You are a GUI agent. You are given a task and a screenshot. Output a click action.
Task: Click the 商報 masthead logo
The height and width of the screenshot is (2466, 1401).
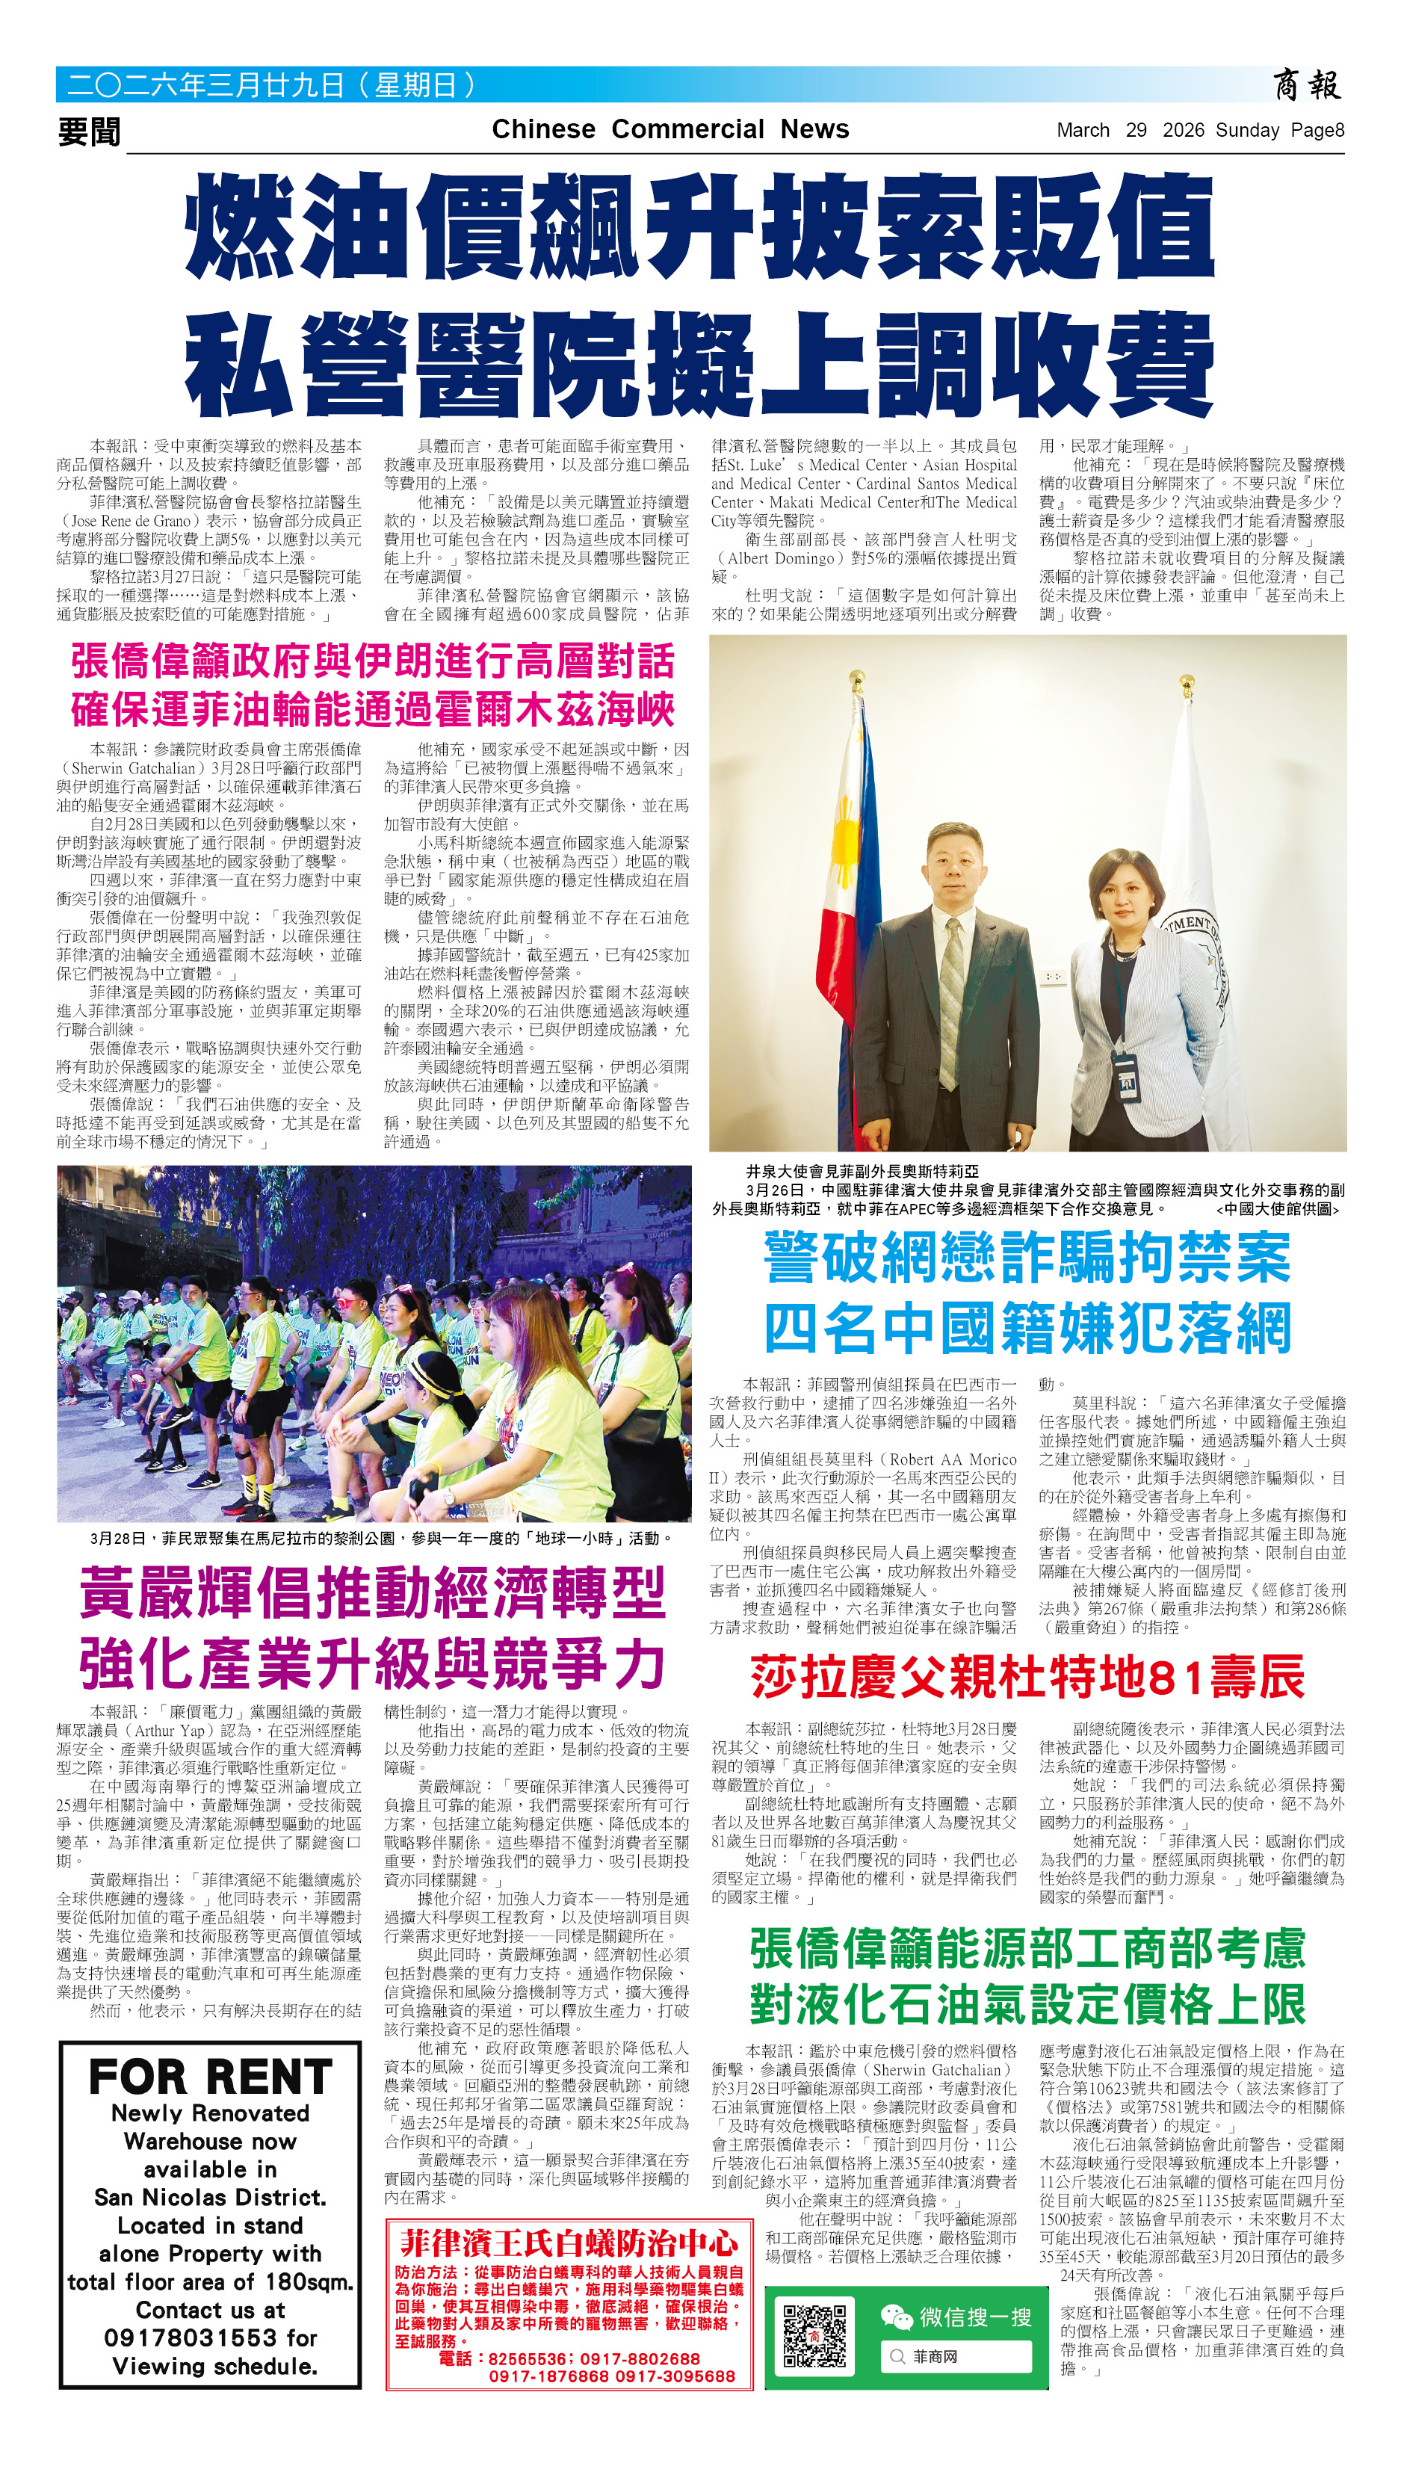[x=1307, y=86]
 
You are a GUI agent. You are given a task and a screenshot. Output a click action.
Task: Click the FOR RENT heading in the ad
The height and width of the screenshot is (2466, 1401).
[x=211, y=2077]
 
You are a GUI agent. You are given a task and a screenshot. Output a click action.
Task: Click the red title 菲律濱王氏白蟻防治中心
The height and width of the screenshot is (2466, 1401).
[x=569, y=2245]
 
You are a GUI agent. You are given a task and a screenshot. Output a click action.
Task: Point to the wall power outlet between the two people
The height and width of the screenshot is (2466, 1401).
[x=1054, y=976]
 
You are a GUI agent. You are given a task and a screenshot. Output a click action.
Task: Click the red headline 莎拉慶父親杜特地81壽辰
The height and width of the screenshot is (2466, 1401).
[x=1027, y=1677]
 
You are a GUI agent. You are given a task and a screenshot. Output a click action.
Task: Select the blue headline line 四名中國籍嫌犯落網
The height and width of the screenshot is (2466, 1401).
[x=1027, y=1329]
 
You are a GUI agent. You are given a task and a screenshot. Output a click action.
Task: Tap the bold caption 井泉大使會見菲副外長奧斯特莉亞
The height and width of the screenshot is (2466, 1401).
[x=862, y=1171]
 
